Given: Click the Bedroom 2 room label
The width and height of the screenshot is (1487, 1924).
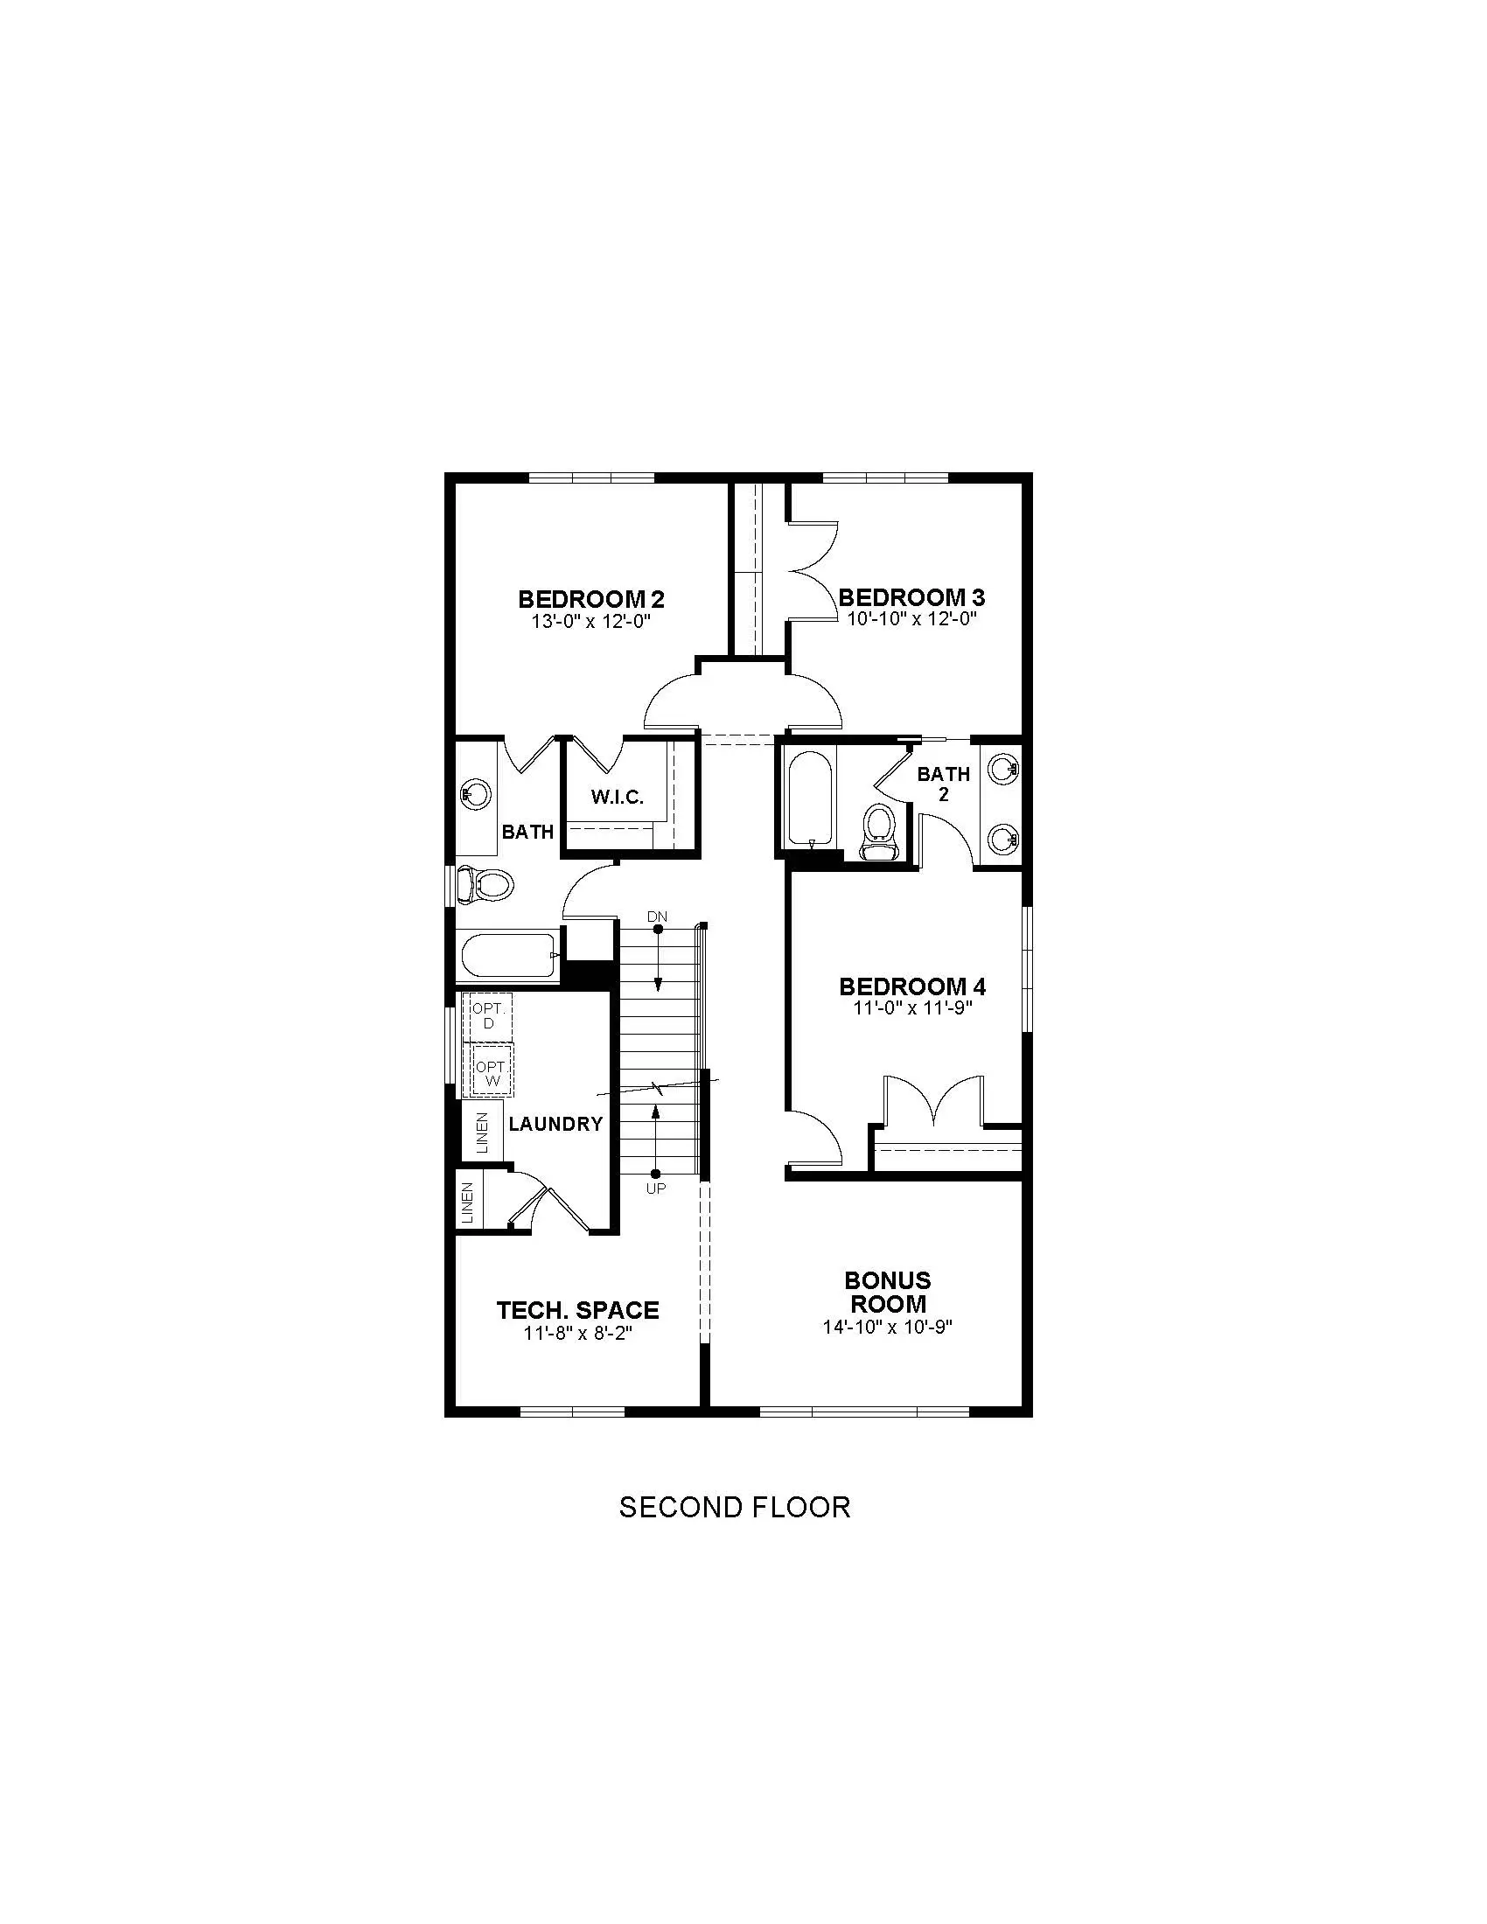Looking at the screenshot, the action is [591, 599].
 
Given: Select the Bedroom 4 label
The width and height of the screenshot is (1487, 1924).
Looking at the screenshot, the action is [911, 986].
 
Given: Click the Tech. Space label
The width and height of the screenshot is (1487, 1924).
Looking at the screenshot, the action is [578, 1310].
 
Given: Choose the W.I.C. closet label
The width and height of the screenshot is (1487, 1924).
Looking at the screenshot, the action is [618, 798].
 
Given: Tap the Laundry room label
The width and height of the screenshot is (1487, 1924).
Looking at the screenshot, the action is [555, 1123].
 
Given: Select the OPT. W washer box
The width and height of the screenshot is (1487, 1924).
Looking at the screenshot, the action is [490, 1070].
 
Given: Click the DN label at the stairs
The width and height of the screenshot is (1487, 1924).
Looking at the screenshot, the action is [657, 917].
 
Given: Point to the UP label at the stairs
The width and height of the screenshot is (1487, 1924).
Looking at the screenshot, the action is [656, 1189].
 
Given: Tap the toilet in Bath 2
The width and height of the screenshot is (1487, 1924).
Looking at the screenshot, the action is [878, 833].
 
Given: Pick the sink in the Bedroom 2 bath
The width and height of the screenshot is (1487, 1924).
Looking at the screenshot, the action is [476, 796].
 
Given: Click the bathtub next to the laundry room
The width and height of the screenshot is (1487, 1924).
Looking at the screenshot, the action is [508, 955].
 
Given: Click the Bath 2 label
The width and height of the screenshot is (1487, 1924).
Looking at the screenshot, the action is [944, 784].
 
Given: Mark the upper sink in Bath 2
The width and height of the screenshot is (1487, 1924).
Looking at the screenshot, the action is [1003, 769].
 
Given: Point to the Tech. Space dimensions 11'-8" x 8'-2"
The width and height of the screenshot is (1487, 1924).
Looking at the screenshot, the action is [579, 1333].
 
